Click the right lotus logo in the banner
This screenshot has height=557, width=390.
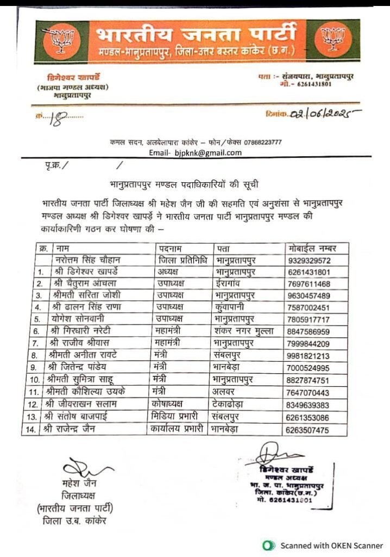click(x=332, y=41)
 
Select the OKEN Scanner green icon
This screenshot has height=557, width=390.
click(x=267, y=546)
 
